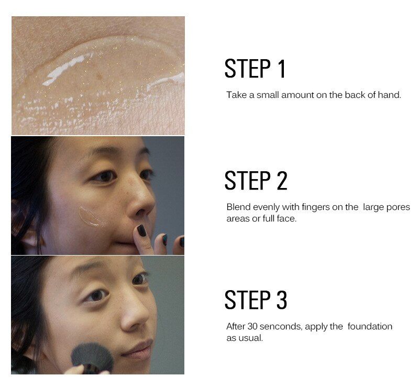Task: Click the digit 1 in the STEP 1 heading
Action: (281, 69)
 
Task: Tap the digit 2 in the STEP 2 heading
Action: (282, 181)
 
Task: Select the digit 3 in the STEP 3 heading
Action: (282, 300)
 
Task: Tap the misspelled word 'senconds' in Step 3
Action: (281, 326)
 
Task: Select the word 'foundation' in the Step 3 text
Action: (370, 326)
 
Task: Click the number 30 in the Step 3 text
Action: (252, 326)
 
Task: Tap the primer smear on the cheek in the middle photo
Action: (90, 216)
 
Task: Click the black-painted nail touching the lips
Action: (141, 230)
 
